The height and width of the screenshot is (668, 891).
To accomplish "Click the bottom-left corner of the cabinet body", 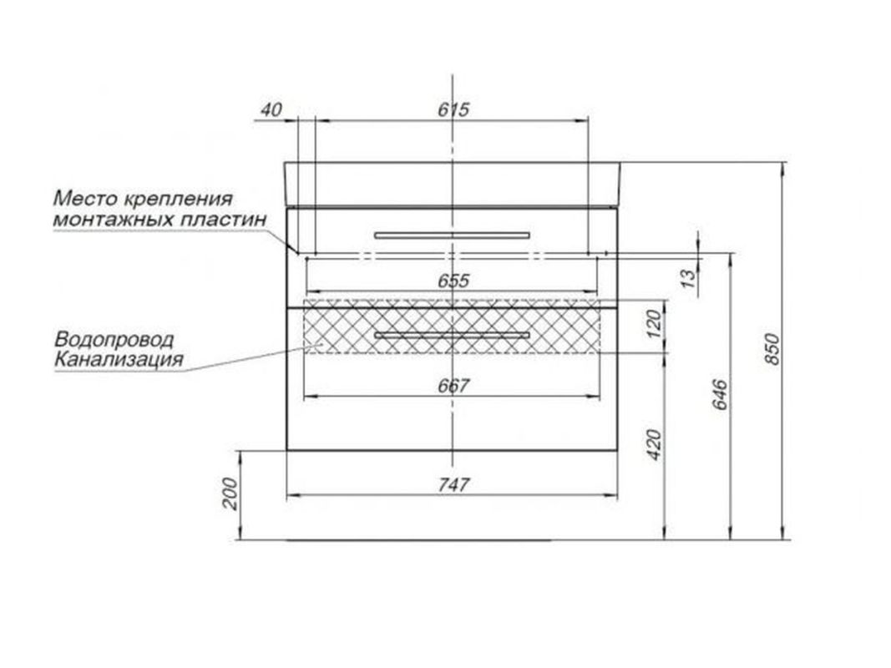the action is [x=287, y=450].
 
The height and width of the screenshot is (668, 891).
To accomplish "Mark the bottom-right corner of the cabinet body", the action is [x=618, y=450].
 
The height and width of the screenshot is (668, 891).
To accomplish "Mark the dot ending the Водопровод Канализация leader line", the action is [x=321, y=345].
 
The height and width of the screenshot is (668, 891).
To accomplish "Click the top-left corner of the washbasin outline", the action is [x=285, y=163].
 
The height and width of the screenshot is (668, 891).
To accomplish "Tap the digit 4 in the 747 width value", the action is [x=454, y=484].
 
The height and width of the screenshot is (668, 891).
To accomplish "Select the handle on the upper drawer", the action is [x=453, y=235].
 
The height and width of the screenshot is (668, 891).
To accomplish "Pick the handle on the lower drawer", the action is [x=453, y=335].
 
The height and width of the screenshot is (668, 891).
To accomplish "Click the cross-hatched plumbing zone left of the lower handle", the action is [x=339, y=326].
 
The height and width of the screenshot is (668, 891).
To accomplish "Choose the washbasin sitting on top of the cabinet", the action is [x=453, y=184].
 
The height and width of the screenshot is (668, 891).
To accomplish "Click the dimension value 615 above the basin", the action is [x=453, y=109].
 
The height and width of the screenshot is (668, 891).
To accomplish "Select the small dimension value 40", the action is [x=271, y=109].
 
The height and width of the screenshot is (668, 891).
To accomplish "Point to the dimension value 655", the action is [x=453, y=281].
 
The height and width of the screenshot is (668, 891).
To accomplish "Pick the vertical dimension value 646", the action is [x=719, y=393].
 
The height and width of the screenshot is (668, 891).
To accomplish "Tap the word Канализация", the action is [x=119, y=360].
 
